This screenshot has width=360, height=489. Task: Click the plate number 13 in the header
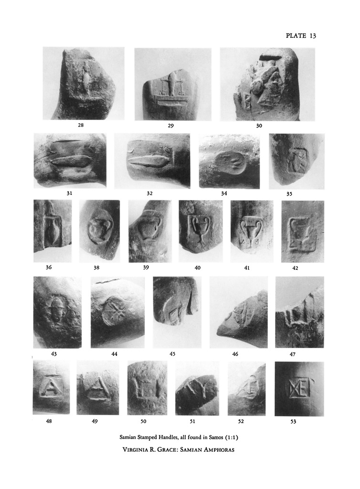click(x=313, y=35)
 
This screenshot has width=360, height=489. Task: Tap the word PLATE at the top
click(x=296, y=35)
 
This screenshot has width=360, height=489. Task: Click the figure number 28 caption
click(x=81, y=125)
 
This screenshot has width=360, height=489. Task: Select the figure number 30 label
click(x=259, y=126)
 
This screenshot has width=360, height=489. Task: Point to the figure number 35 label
click(x=289, y=194)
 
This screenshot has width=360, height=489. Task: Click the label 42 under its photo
click(x=295, y=268)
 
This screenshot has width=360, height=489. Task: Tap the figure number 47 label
click(x=292, y=354)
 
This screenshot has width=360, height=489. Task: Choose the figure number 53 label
click(x=293, y=422)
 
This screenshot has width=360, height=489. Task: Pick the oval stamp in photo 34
click(x=230, y=163)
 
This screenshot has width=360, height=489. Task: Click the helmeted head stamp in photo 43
click(x=57, y=311)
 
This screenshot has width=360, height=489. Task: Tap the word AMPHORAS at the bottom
click(x=218, y=450)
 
